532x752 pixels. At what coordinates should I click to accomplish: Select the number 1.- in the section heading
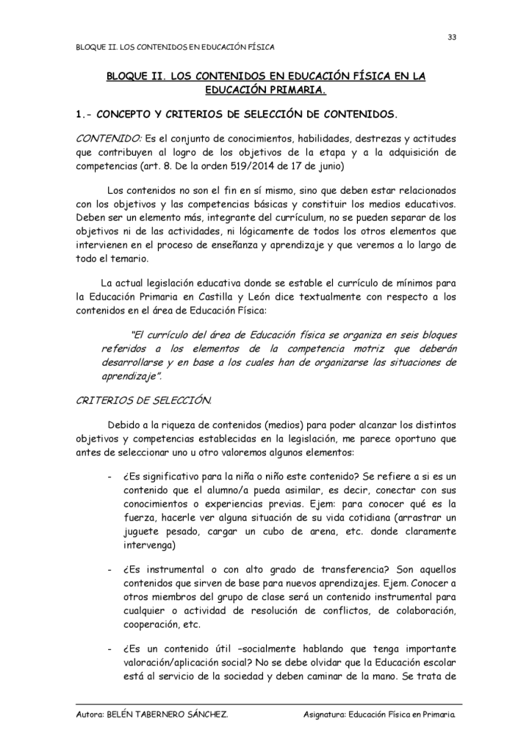pos(84,115)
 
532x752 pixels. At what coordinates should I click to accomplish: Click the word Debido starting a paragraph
pos(124,426)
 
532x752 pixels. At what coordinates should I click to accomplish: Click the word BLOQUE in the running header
pos(91,48)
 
